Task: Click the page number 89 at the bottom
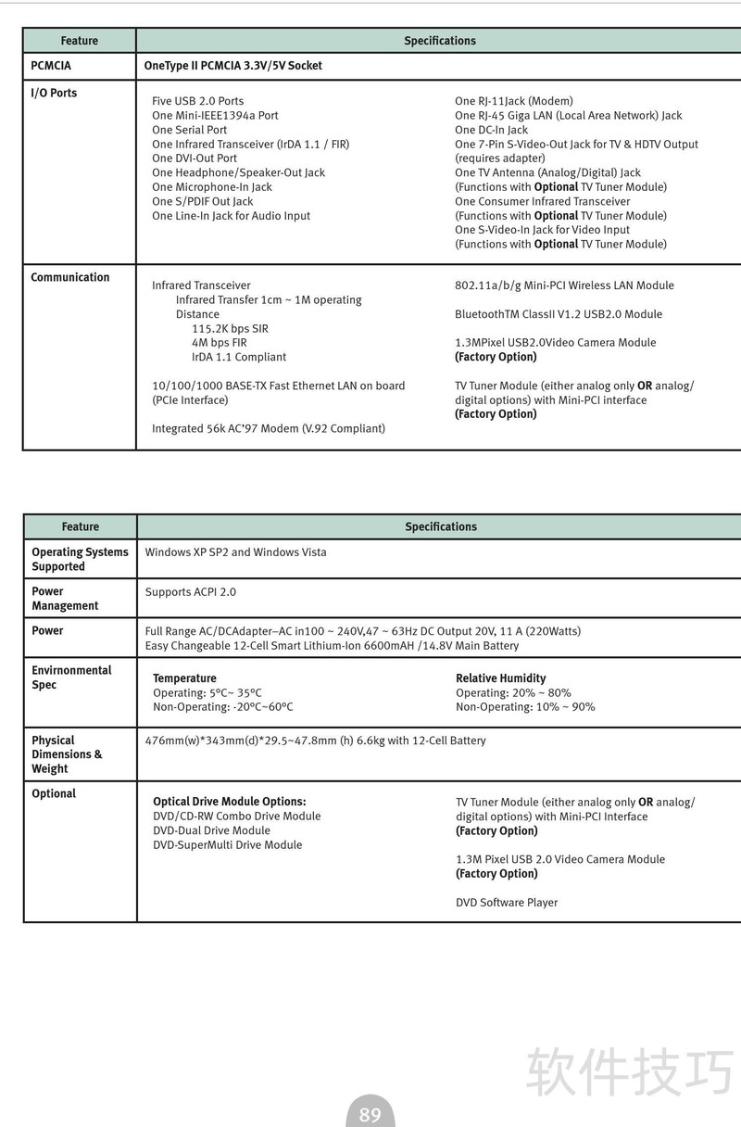tap(370, 1114)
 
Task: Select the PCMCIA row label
tap(51, 66)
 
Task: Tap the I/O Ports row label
tap(54, 93)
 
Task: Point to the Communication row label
tap(69, 277)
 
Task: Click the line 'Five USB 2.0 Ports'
tap(197, 101)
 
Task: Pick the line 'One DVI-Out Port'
tap(195, 158)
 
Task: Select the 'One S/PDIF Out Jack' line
tap(202, 201)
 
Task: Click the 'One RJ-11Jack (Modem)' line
tap(513, 101)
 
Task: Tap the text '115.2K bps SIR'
tap(230, 329)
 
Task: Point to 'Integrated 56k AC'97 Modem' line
tap(269, 428)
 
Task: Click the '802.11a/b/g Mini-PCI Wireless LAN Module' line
tap(564, 285)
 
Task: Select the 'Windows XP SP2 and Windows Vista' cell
tap(235, 552)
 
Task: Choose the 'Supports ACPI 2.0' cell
tap(190, 592)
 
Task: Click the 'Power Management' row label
tap(65, 599)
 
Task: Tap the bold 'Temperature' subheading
tap(184, 678)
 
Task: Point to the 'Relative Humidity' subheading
tap(500, 678)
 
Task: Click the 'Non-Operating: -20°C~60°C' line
tap(222, 707)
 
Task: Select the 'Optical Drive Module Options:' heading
tap(229, 802)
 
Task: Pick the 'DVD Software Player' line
tap(506, 903)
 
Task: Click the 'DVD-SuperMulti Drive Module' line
tap(227, 845)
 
